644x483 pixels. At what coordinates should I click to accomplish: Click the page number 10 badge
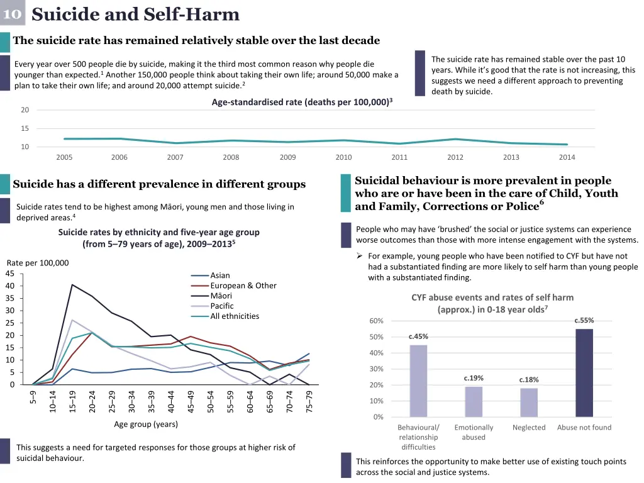[12, 13]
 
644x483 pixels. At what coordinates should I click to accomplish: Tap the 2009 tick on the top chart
[287, 157]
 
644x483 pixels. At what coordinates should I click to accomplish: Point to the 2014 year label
[567, 157]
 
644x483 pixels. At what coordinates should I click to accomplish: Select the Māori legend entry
[221, 296]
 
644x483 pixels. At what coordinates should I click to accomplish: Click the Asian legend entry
[219, 275]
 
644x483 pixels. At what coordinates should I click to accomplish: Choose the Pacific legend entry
[221, 306]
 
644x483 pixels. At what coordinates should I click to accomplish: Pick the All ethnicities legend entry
[234, 316]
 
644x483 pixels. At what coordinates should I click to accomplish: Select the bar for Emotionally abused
[474, 401]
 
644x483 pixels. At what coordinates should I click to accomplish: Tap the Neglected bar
[529, 402]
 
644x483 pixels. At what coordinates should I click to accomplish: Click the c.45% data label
[418, 336]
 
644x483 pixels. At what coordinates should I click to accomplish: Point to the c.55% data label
[584, 321]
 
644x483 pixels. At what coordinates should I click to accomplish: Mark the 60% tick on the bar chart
[376, 321]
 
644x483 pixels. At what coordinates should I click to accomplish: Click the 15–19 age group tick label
[73, 401]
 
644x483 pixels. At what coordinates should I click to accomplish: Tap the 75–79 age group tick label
[309, 401]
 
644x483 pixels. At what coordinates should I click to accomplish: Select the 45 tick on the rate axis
[9, 273]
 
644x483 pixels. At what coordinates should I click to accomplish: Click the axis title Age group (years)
[146, 425]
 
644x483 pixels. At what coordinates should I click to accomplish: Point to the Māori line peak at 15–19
[72, 285]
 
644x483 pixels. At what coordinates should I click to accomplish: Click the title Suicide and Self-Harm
[135, 14]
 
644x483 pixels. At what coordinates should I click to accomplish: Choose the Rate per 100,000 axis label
[38, 263]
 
